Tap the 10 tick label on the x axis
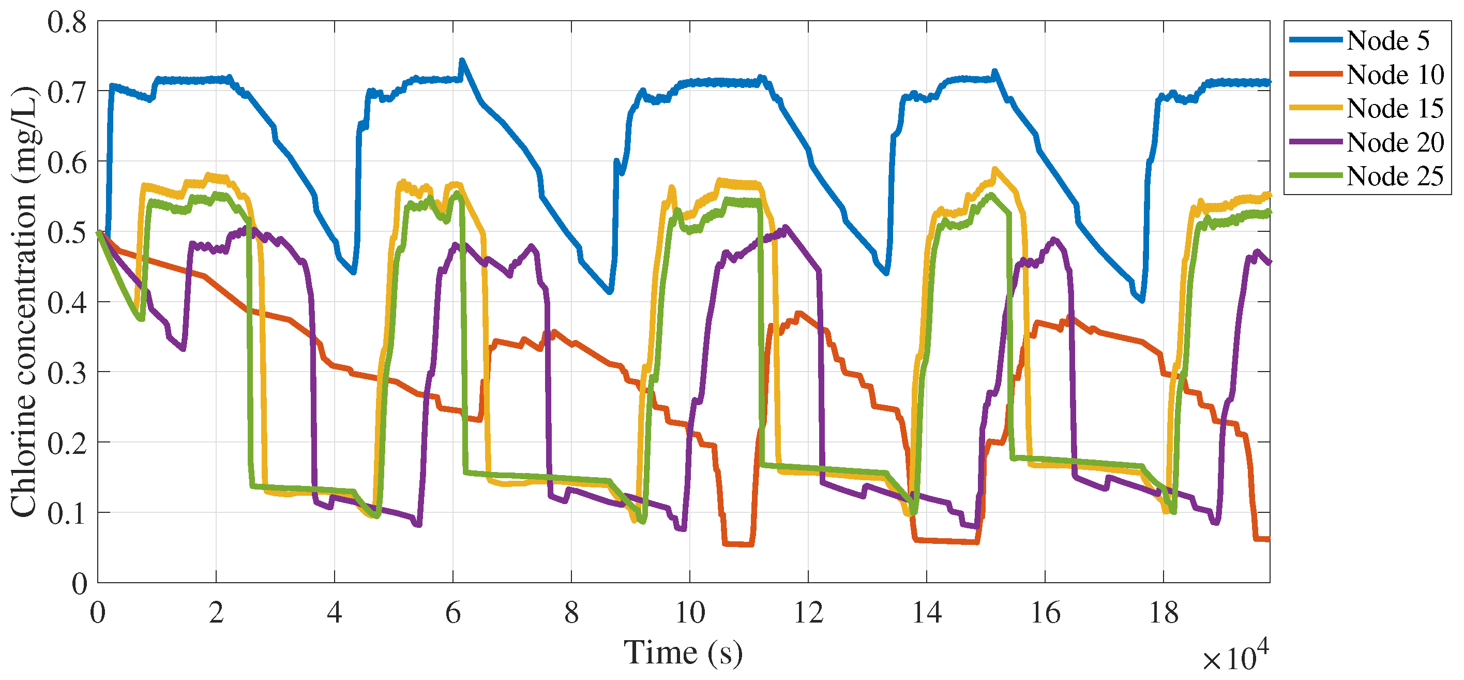(x=690, y=613)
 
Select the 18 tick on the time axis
(x=1164, y=613)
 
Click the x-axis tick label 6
(x=453, y=613)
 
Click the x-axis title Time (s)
(x=683, y=652)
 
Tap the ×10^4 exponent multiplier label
(x=1235, y=657)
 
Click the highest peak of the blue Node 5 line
(x=462, y=60)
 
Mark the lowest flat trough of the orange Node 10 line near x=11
(x=737, y=544)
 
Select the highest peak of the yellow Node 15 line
(x=994, y=168)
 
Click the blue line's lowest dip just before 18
(x=1142, y=300)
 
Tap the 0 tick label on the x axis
(x=98, y=613)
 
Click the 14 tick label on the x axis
(x=926, y=613)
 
